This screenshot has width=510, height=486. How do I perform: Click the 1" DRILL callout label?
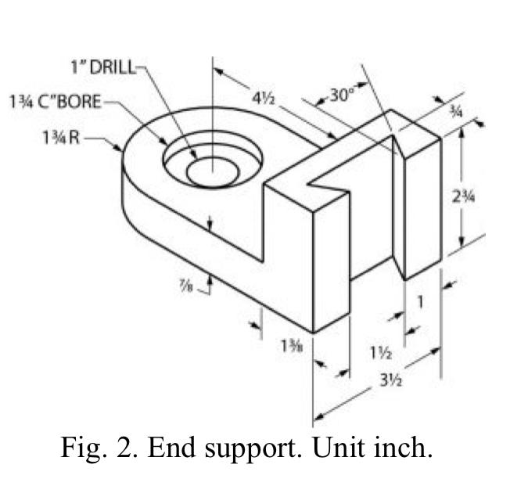[x=103, y=67]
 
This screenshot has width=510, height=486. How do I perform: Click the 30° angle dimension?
[x=341, y=95]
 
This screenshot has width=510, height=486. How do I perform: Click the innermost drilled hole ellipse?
[x=211, y=171]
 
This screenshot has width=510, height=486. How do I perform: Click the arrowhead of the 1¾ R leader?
[x=120, y=149]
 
